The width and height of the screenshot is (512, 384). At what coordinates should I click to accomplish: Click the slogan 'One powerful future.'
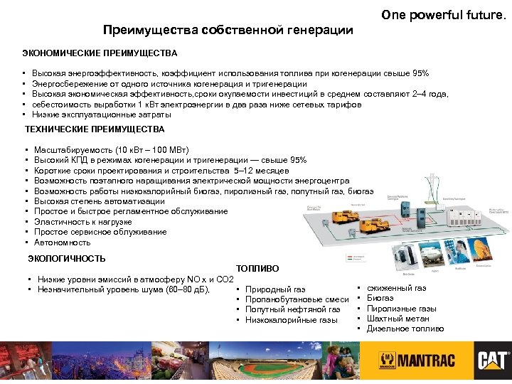click(x=443, y=14)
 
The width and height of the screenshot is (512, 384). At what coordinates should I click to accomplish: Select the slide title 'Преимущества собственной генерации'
click(x=228, y=30)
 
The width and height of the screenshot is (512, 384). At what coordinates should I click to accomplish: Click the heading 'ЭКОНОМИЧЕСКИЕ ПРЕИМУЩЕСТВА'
click(x=100, y=53)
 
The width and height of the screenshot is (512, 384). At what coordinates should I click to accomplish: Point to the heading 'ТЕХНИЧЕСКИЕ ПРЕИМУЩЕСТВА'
click(x=95, y=129)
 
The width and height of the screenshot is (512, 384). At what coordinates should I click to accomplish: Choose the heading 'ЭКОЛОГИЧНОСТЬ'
click(x=66, y=258)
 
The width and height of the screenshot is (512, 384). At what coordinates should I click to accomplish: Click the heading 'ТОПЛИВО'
click(x=257, y=269)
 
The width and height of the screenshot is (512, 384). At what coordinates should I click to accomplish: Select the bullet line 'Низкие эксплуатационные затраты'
click(x=102, y=114)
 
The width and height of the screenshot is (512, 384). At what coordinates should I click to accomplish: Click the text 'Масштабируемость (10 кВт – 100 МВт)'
click(x=111, y=150)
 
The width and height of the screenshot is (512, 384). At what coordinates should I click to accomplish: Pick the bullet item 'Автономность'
click(x=62, y=242)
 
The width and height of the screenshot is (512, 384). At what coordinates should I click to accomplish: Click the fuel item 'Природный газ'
click(x=275, y=289)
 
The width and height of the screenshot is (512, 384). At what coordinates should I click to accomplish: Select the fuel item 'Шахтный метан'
click(x=398, y=319)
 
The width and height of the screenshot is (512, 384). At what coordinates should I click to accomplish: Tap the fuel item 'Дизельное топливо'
click(x=405, y=329)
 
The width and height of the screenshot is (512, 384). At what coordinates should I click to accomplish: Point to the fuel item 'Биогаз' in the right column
click(x=380, y=299)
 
